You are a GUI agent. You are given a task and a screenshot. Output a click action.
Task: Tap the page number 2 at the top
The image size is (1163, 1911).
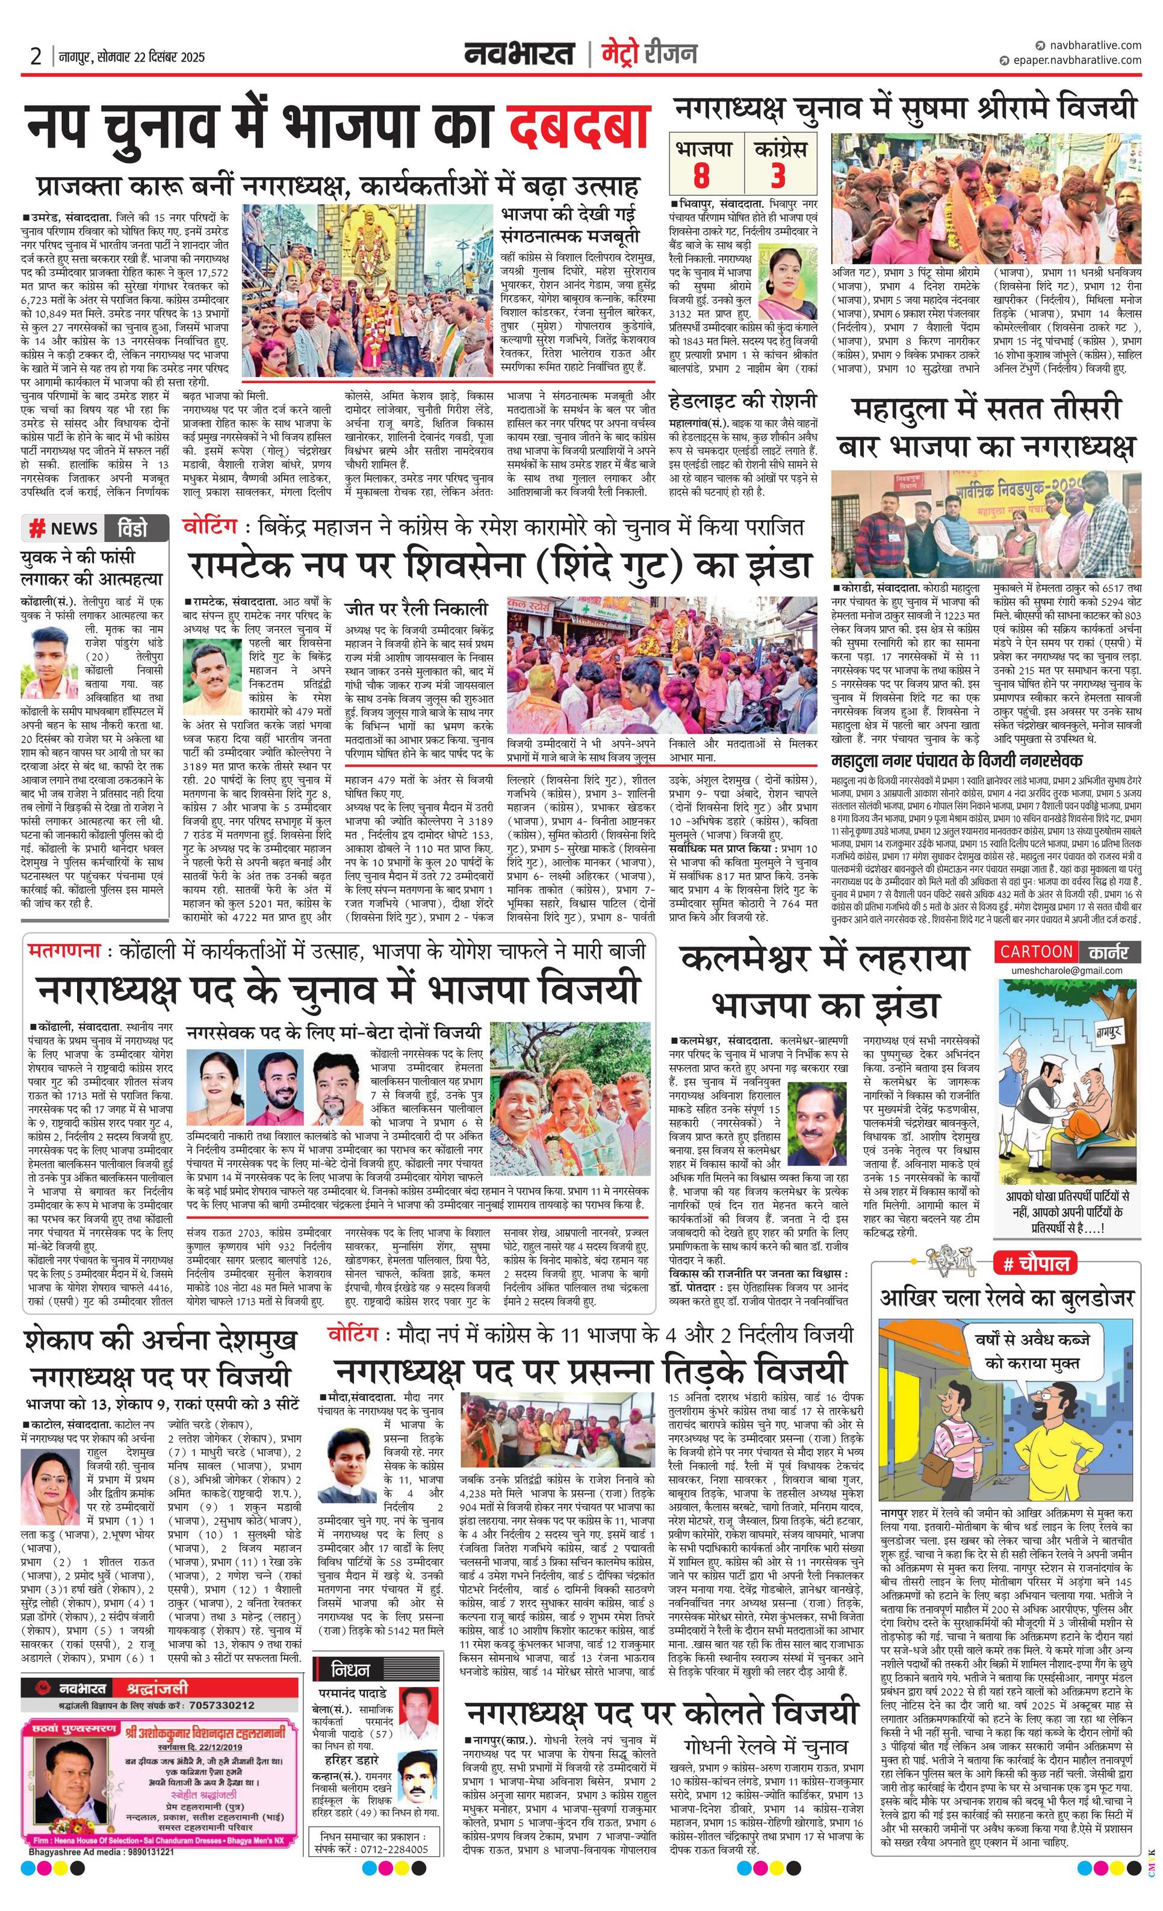[x=36, y=57]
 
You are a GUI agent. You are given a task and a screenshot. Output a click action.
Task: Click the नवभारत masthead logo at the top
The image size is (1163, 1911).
[x=519, y=54]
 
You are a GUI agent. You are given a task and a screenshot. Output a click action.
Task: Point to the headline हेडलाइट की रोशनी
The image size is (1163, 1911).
[x=742, y=400]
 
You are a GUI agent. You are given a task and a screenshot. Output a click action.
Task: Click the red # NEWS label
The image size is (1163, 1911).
[x=64, y=529]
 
